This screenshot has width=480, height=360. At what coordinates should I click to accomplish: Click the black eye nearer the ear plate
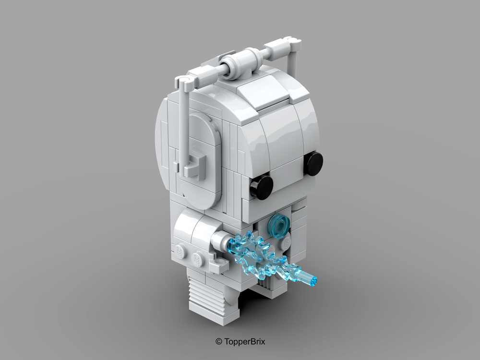262,187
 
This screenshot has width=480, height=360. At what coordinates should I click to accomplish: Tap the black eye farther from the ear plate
313,163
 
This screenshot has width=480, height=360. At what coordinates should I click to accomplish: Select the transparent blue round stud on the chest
278,226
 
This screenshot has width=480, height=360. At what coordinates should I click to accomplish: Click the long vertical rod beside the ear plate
183,125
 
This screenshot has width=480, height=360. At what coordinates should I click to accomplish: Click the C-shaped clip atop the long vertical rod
183,82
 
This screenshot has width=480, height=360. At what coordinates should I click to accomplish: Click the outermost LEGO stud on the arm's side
180,251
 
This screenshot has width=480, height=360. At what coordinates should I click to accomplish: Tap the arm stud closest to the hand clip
197,259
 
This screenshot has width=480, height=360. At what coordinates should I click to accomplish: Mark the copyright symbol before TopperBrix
218,341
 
